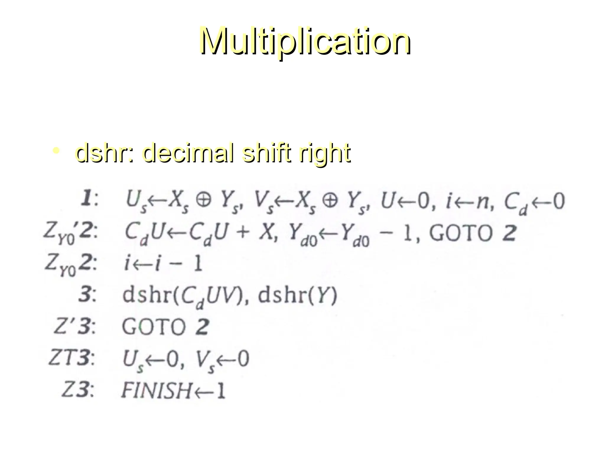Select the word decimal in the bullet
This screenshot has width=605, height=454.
coord(189,153)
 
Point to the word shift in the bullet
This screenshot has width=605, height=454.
coord(267,153)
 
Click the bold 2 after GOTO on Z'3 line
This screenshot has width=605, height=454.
coord(202,327)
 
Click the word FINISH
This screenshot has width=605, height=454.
coord(157,390)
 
